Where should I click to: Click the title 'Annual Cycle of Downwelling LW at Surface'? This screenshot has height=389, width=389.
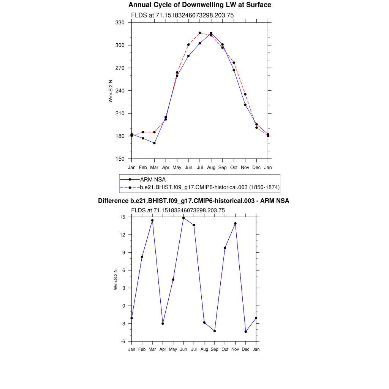[199, 5]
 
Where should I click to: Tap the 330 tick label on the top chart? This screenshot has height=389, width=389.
[120, 23]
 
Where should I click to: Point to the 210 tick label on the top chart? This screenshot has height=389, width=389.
[120, 114]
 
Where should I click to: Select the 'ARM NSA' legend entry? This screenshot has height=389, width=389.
[153, 179]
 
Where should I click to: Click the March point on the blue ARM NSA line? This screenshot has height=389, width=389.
[154, 143]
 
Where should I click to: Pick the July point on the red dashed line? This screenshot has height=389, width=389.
[200, 33]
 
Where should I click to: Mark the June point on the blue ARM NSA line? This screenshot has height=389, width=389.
[188, 56]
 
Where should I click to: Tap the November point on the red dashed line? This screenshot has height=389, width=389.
[245, 94]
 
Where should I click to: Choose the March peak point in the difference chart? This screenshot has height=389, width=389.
[152, 220]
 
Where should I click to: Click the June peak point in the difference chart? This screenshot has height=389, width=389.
[183, 218]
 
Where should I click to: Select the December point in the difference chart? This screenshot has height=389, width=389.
[246, 332]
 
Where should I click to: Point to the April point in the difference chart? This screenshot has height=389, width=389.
[163, 324]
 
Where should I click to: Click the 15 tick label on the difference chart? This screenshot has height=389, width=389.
[122, 217]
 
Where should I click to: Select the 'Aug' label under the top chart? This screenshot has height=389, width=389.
[211, 168]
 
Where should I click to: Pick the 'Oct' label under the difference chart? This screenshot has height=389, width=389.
[225, 349]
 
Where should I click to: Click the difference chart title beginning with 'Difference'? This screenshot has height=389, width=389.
[194, 201]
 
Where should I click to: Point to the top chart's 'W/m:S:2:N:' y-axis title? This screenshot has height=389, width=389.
[111, 90]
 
